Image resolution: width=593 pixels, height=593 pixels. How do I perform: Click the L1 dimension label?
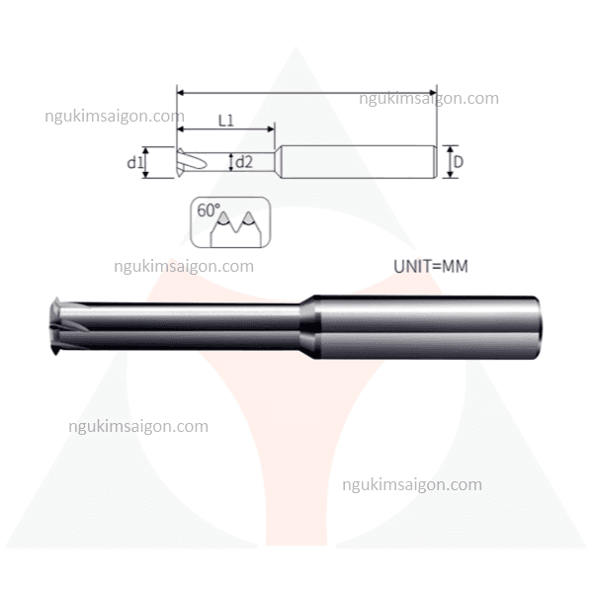226,121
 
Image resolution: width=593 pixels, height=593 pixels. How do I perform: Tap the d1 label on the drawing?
134,163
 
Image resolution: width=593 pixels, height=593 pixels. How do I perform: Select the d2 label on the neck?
244,162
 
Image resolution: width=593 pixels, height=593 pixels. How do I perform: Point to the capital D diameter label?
459,162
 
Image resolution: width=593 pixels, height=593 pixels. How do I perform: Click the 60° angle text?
209,211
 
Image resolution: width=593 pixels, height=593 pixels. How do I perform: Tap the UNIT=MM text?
431,267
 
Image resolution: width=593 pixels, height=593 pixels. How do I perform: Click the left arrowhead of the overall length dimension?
181,92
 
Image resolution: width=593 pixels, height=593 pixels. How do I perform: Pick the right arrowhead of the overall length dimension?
433,92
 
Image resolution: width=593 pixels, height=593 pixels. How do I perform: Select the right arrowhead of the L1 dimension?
271,128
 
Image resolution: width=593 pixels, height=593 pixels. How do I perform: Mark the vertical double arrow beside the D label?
450,162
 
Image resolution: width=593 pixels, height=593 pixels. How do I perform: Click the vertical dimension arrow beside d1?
146,163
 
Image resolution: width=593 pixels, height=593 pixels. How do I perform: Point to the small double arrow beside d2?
230,162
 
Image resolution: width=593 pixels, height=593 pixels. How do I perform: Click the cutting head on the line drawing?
191,162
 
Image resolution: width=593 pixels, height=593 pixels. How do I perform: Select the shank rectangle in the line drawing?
359,162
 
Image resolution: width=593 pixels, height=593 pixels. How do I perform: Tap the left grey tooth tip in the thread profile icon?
224,218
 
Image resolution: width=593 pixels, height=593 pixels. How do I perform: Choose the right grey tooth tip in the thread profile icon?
248,218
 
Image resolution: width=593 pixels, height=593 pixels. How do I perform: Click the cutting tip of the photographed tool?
56,326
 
